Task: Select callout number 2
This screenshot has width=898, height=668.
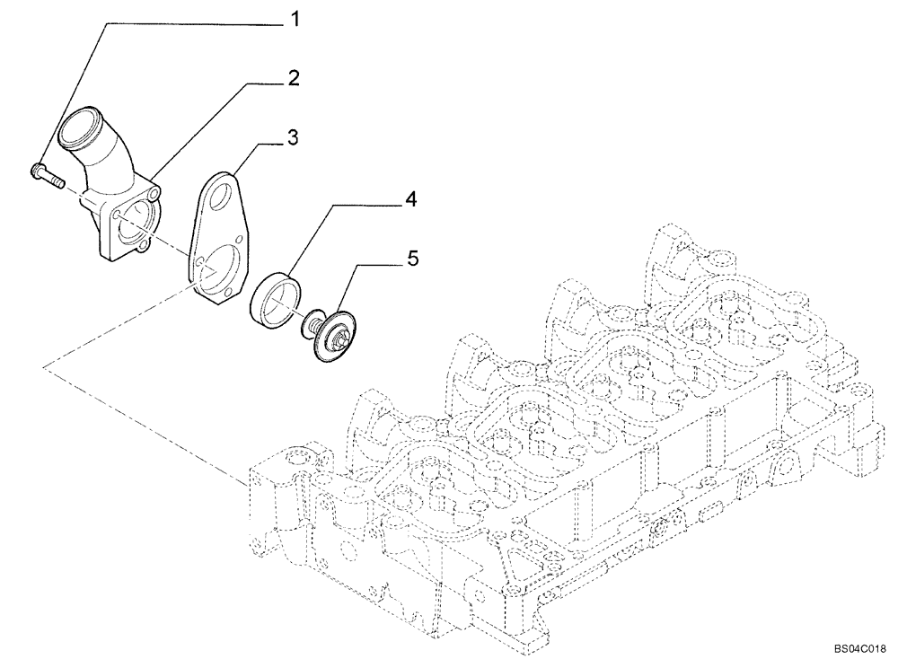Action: [292, 79]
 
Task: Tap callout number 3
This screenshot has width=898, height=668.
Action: [292, 137]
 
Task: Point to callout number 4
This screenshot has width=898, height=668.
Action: [410, 199]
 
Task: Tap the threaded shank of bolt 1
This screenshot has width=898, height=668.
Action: [55, 179]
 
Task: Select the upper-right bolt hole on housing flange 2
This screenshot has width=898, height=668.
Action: [157, 194]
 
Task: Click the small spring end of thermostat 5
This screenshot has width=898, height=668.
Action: [312, 318]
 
